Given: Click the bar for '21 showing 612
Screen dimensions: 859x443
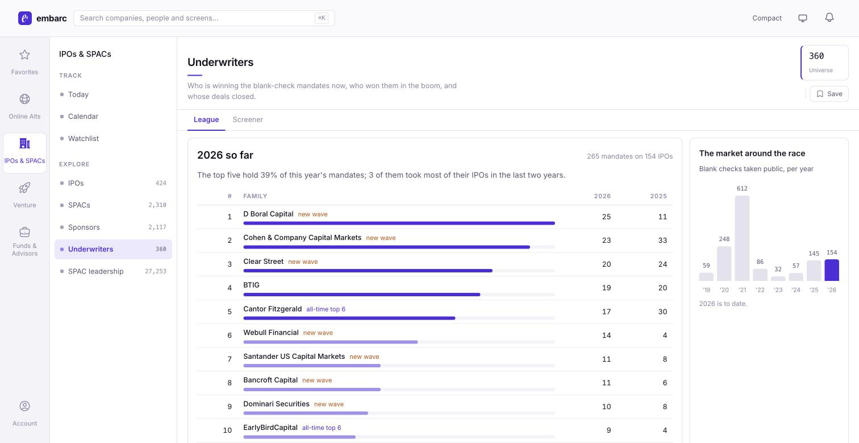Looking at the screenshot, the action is coord(742,238).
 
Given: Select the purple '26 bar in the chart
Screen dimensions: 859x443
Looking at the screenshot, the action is coord(832,270).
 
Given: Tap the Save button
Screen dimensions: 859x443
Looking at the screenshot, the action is coord(829,94).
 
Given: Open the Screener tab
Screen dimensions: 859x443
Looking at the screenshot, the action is coord(248,119).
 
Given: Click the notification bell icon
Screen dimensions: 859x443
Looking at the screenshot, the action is coord(829,18).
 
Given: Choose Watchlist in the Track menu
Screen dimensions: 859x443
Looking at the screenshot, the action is coord(83,138).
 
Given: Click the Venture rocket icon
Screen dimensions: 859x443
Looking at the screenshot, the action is coord(24,188).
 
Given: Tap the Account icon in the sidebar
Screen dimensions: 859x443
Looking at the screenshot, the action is coord(24,406).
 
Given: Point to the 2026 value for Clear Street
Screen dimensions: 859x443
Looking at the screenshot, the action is coord(606,264).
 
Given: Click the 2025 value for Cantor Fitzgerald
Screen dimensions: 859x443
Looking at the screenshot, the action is coord(662,312).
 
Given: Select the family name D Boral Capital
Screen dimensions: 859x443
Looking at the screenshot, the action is coord(268,214).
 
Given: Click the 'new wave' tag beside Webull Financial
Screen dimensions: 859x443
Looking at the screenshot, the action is coord(318,333).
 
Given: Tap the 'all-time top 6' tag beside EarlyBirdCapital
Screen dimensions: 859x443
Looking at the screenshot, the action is coord(322,428).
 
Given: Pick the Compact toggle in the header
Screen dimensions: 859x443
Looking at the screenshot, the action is coord(766,18).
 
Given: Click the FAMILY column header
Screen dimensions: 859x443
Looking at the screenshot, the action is coord(255,196).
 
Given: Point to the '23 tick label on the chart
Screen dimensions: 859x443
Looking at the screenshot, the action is coord(778,290).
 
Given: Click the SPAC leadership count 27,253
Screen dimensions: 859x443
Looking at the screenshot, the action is coord(155,271).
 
